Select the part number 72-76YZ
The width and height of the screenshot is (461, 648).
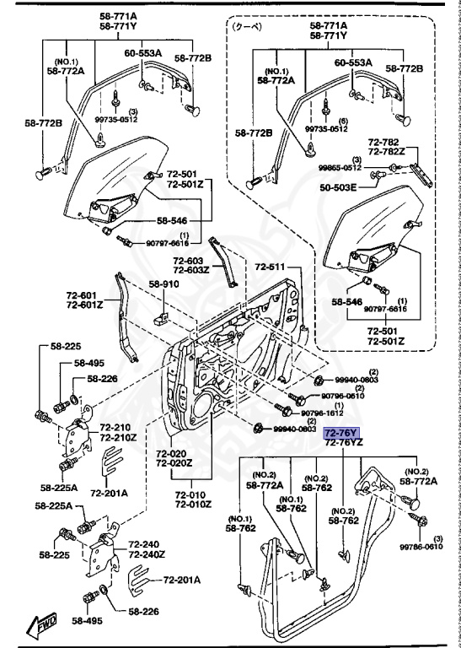tap(344, 442)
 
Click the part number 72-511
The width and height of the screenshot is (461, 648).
tap(271, 267)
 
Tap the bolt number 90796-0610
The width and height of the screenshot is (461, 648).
tap(343, 395)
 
